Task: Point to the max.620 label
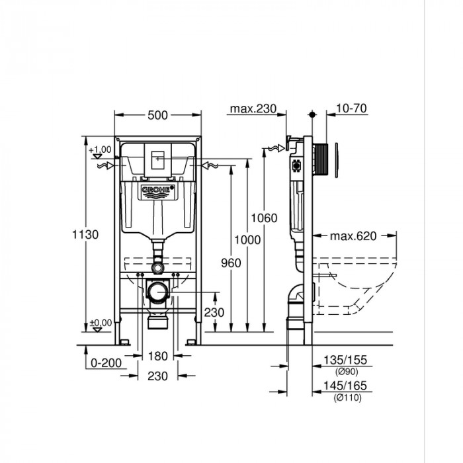pyautogui.click(x=353, y=235)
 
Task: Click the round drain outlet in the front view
pyautogui.click(x=157, y=290)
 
